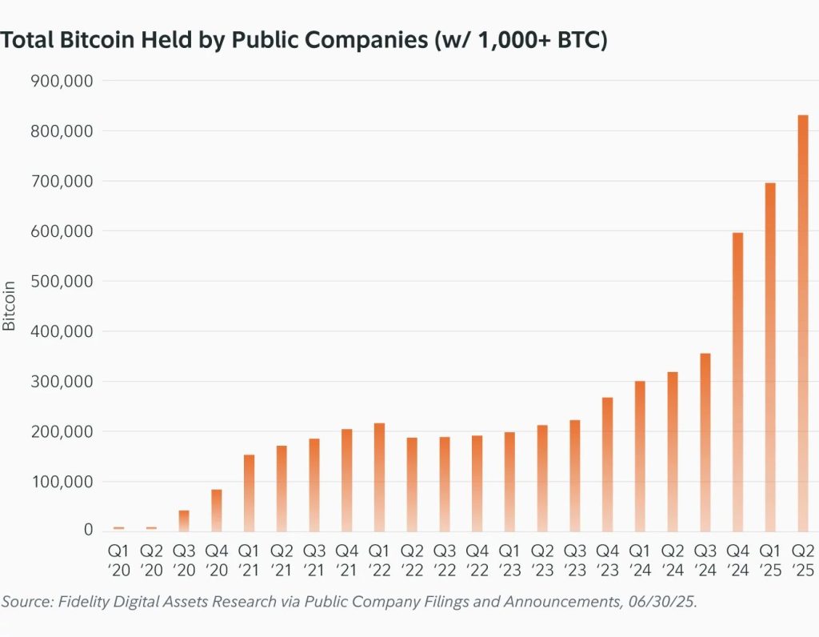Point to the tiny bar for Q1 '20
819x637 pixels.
tap(118, 528)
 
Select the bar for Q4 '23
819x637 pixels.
tap(607, 464)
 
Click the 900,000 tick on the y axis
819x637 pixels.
tap(62, 81)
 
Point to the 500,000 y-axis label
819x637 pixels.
tap(62, 281)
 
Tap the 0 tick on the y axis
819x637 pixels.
tap(87, 531)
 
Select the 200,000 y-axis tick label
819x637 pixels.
tap(62, 431)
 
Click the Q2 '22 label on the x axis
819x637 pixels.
tap(412, 560)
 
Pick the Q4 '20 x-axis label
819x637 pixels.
tap(216, 560)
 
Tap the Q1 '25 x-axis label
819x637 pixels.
tap(769, 560)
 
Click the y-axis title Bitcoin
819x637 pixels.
tap(10, 306)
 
